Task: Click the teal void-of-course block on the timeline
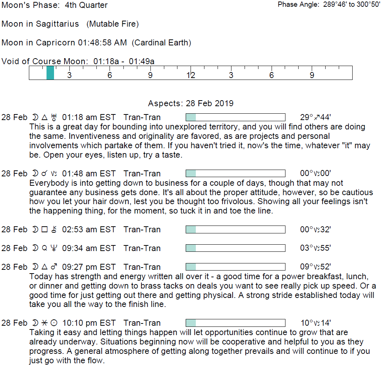pos(50,72)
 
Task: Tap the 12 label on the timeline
pos(191,75)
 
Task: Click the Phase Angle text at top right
pos(329,5)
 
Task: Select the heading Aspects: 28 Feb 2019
pos(191,104)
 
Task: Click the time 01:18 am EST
pos(89,117)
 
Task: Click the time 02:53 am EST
pos(89,230)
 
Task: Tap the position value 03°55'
pos(315,248)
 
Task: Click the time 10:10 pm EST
pos(89,323)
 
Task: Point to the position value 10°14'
pos(315,323)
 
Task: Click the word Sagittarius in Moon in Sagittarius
pos(57,24)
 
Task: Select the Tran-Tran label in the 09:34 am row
pos(142,248)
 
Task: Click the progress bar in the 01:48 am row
pos(236,173)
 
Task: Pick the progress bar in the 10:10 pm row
pos(236,323)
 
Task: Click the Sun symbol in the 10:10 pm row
pos(55,323)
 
